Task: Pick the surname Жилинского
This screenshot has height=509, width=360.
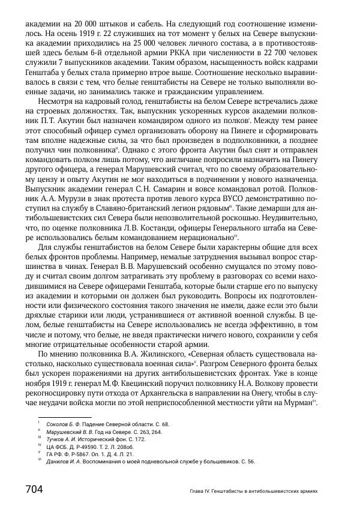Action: point(145,355)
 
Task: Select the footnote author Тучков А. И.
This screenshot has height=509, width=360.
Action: point(57,439)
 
